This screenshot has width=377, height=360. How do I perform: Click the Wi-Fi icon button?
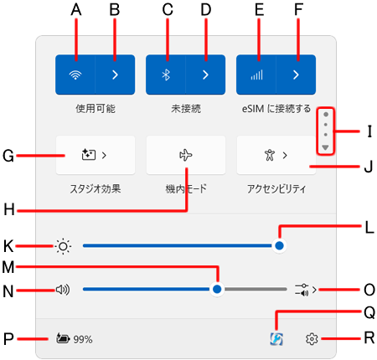(75, 75)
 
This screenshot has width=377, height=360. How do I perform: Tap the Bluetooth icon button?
(166, 75)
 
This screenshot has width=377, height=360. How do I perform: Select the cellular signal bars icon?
(256, 75)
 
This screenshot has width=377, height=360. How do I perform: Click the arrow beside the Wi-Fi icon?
(115, 75)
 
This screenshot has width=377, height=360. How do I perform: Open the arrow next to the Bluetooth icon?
(205, 75)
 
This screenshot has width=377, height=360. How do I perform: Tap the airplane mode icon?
(186, 155)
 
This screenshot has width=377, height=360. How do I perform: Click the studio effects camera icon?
(89, 155)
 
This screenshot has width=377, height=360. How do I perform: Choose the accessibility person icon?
(270, 155)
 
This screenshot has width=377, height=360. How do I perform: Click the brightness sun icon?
(63, 246)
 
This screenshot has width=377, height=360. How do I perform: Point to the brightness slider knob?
(279, 245)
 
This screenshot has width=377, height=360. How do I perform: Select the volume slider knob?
(217, 289)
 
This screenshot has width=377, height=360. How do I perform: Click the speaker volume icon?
(63, 290)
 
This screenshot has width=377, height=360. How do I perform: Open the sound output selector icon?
(302, 290)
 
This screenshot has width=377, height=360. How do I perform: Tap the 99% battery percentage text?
(83, 340)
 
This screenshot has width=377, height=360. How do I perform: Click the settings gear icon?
(312, 339)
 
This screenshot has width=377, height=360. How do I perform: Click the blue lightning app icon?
(276, 339)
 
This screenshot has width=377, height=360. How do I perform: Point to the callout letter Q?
(369, 312)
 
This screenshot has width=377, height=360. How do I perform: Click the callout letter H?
(9, 209)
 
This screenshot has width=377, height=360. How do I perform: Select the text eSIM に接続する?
(276, 109)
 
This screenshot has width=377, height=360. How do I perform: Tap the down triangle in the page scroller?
(325, 147)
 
